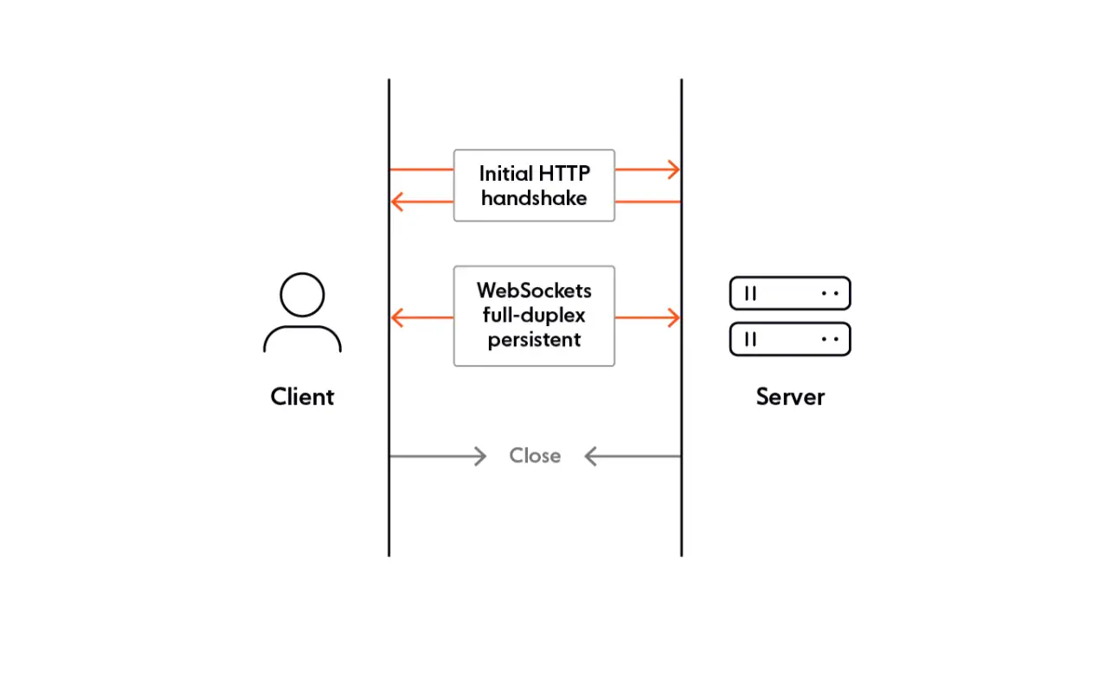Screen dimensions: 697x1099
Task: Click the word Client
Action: [302, 397]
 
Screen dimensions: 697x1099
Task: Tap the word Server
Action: [790, 397]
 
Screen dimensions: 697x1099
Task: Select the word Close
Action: [535, 456]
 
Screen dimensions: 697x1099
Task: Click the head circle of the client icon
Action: [302, 295]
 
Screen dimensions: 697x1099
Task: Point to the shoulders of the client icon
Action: [302, 339]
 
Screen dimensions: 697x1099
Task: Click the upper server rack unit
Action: [789, 293]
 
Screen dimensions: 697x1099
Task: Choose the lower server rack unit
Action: [789, 339]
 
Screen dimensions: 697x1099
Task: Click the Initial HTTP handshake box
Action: [534, 185]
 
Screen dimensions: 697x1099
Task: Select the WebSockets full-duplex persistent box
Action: [534, 316]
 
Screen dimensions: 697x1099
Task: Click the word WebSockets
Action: [534, 290]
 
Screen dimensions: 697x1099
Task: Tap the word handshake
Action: [534, 198]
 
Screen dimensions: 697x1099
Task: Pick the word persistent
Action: [534, 340]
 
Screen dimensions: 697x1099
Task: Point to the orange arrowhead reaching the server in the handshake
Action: [673, 169]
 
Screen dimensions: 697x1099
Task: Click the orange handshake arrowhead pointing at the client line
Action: [398, 202]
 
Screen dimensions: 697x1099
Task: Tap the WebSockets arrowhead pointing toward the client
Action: [398, 317]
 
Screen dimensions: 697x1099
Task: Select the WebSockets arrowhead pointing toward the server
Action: [673, 317]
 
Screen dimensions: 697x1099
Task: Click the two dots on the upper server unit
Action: [830, 294]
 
